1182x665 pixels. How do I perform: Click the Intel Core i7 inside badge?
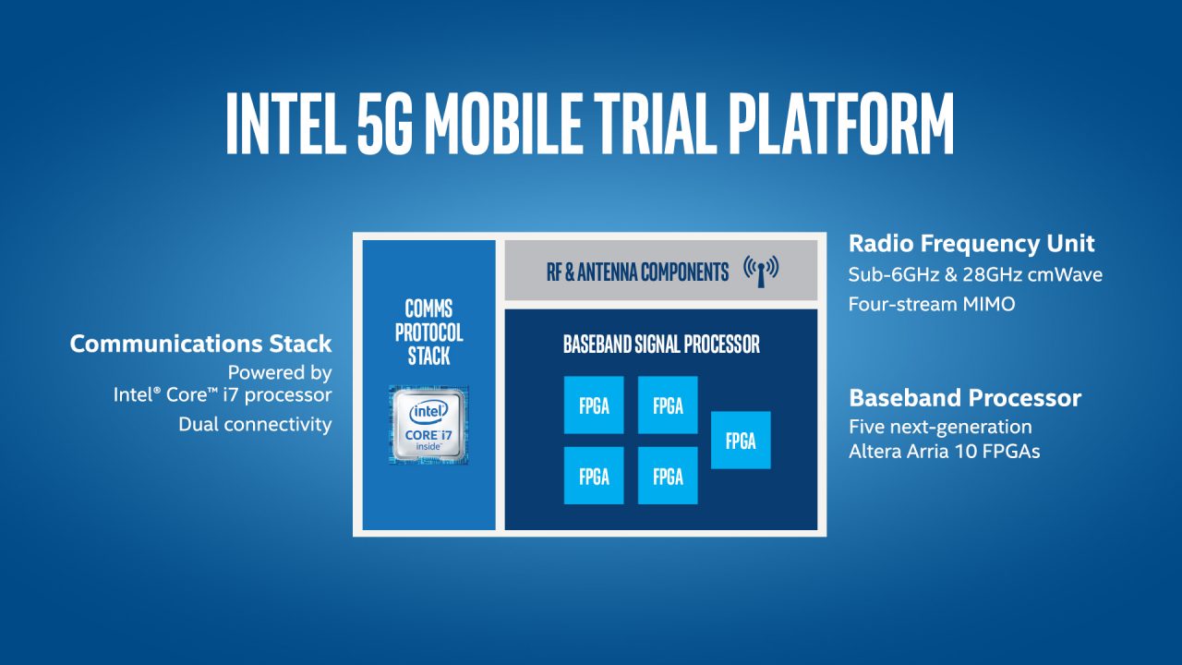[428, 425]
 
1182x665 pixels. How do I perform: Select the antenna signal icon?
[761, 271]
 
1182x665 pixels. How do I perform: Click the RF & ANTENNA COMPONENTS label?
[636, 272]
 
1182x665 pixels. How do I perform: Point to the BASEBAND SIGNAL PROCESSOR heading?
[661, 345]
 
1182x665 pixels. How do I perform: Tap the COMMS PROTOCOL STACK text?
[428, 332]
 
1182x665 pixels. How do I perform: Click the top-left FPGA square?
[594, 405]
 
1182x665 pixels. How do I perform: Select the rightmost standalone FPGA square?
[741, 440]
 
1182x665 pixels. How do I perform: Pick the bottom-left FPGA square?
[594, 476]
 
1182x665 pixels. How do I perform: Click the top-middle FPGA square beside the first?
[668, 405]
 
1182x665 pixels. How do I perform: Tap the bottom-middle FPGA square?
[668, 476]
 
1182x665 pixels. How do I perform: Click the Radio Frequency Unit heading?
[971, 244]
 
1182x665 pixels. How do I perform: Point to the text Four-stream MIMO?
[931, 304]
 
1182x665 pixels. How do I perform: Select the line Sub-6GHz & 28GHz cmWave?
[975, 275]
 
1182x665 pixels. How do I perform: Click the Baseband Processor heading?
[965, 398]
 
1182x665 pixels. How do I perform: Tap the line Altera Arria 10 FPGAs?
[945, 453]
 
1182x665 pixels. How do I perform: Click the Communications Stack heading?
[200, 344]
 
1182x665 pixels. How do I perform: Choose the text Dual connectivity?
[255, 425]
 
